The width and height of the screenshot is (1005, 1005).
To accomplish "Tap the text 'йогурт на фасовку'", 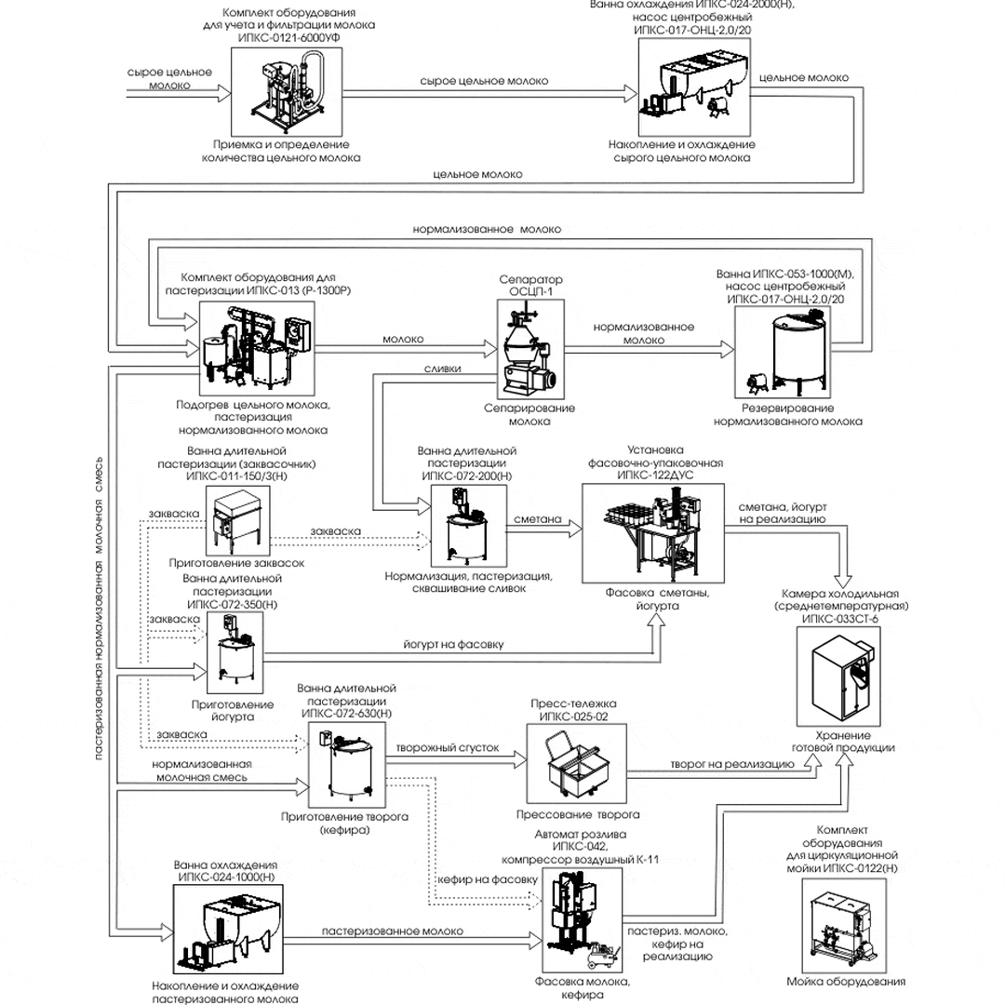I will click(x=455, y=643).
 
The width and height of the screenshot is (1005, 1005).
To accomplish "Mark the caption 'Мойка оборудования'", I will click(x=845, y=982).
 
